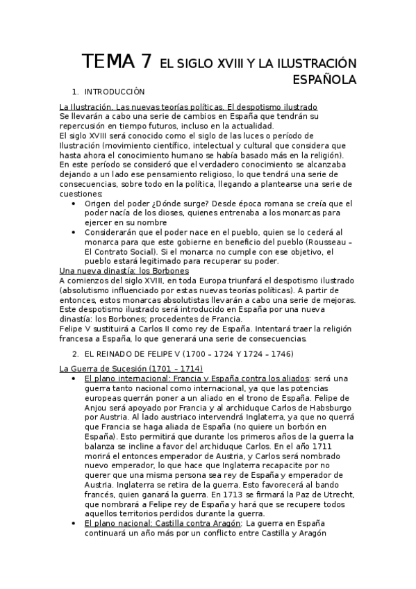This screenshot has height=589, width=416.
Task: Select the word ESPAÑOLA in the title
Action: pos(324,79)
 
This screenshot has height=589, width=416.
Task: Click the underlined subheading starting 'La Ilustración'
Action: pos(188,107)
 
